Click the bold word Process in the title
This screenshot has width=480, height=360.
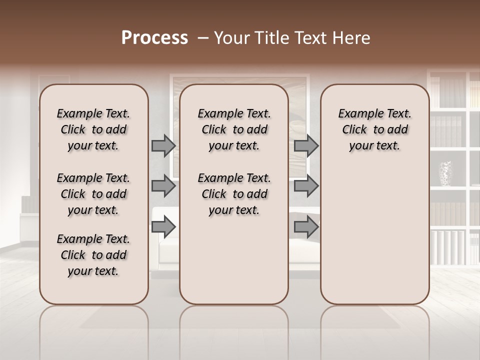(154, 38)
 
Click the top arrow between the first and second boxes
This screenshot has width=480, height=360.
(163, 146)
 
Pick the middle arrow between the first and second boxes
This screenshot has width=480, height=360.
(163, 186)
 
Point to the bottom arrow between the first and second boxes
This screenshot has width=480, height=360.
(163, 227)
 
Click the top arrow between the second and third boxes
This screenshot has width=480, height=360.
(306, 146)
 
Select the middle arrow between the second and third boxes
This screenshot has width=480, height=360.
(306, 186)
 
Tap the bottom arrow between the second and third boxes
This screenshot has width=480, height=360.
(306, 227)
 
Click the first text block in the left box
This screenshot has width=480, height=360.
(93, 129)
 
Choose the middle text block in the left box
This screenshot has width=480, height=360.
(93, 194)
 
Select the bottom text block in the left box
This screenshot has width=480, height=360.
(93, 255)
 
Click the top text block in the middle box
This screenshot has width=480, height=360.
(234, 129)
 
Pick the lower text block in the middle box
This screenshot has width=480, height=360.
(234, 194)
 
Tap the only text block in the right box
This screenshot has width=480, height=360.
(375, 129)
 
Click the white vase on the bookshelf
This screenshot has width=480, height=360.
(445, 173)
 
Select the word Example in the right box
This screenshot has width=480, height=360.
(357, 113)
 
